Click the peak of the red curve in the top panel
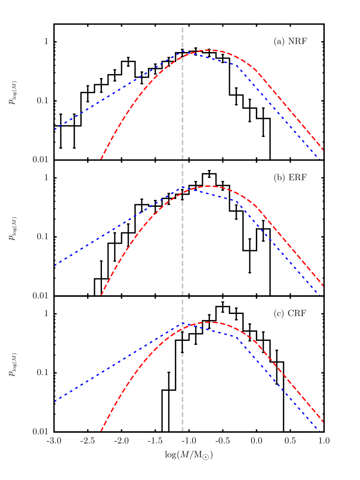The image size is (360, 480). (209, 50)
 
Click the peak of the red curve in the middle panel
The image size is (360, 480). (209, 186)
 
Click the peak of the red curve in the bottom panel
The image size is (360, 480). (209, 322)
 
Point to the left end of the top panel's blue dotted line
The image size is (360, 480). (55, 129)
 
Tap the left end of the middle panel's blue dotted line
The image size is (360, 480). (55, 265)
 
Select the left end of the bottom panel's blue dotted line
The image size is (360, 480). (55, 401)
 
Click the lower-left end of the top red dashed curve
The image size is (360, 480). (101, 159)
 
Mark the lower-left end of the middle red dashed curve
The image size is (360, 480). (101, 295)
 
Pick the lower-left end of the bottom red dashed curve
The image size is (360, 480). (101, 431)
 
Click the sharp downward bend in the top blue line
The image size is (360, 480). (237, 65)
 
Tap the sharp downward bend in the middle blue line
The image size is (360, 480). (237, 201)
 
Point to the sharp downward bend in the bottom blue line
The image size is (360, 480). (237, 337)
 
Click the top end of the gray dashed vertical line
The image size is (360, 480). (183, 25)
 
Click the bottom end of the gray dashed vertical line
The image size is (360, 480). (183, 431)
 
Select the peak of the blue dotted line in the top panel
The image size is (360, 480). (183, 52)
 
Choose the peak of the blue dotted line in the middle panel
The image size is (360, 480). (183, 188)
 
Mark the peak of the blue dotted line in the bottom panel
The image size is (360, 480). (183, 324)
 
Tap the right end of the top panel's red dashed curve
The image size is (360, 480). (323, 150)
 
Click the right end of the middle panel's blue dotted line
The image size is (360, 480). (320, 295)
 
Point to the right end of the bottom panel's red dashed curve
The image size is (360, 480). (323, 422)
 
